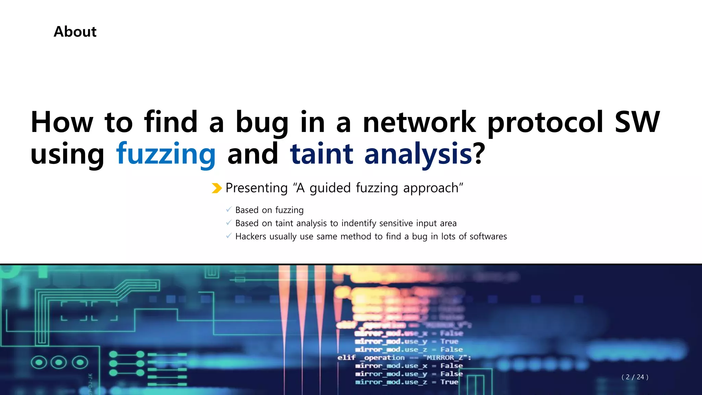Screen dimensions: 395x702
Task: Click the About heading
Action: pos(75,32)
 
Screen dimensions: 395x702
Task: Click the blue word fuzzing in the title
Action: pos(166,154)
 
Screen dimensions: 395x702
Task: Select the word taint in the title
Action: pos(321,154)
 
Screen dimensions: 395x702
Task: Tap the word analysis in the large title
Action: pos(418,154)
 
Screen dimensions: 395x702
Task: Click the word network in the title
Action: pos(419,122)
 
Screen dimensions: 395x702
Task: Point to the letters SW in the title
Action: pos(637,122)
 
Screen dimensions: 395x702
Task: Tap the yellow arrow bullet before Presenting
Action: pos(217,188)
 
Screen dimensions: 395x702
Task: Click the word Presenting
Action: pos(256,188)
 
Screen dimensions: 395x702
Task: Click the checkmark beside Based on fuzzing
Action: pos(229,210)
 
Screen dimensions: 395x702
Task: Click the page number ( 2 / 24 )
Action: pos(634,377)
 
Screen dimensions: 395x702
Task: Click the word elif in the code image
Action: pos(346,358)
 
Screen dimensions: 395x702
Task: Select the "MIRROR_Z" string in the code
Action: pos(445,358)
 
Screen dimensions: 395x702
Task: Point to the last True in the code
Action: pos(449,382)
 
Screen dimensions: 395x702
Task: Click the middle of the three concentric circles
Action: pos(59,362)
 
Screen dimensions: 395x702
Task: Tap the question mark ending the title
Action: pos(479,154)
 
